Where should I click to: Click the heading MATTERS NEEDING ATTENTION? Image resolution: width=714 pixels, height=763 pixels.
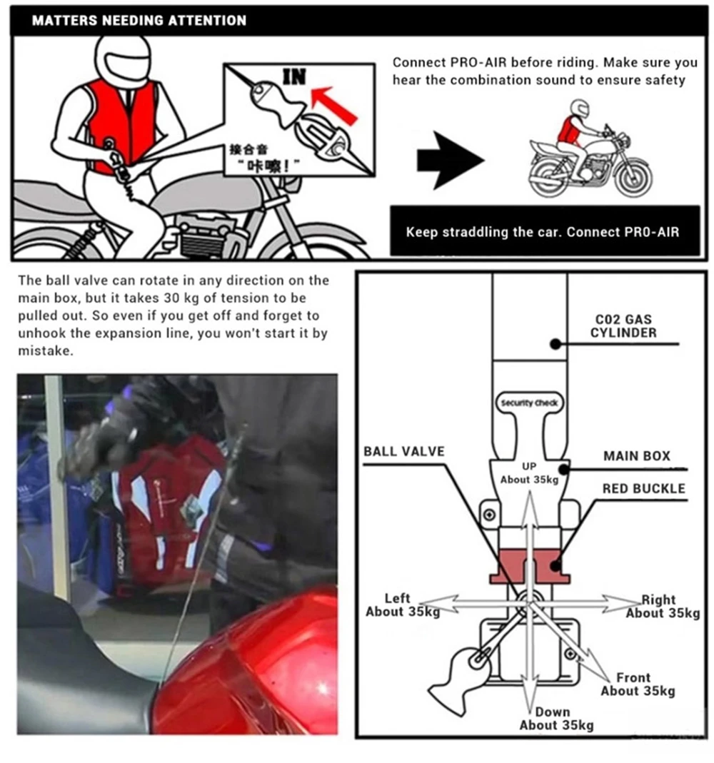(139, 21)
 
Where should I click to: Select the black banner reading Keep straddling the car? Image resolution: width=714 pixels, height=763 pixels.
(544, 232)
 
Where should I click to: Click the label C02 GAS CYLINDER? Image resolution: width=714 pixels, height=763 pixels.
(623, 327)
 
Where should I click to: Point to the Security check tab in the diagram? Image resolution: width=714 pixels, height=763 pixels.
(528, 403)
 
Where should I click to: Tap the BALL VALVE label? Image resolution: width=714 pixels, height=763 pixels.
(403, 451)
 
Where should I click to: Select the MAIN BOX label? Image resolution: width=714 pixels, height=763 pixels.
(637, 456)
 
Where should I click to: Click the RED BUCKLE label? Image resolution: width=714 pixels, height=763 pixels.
(643, 489)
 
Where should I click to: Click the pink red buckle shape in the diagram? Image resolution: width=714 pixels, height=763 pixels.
(528, 565)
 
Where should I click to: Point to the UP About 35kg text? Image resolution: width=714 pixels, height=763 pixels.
(529, 473)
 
